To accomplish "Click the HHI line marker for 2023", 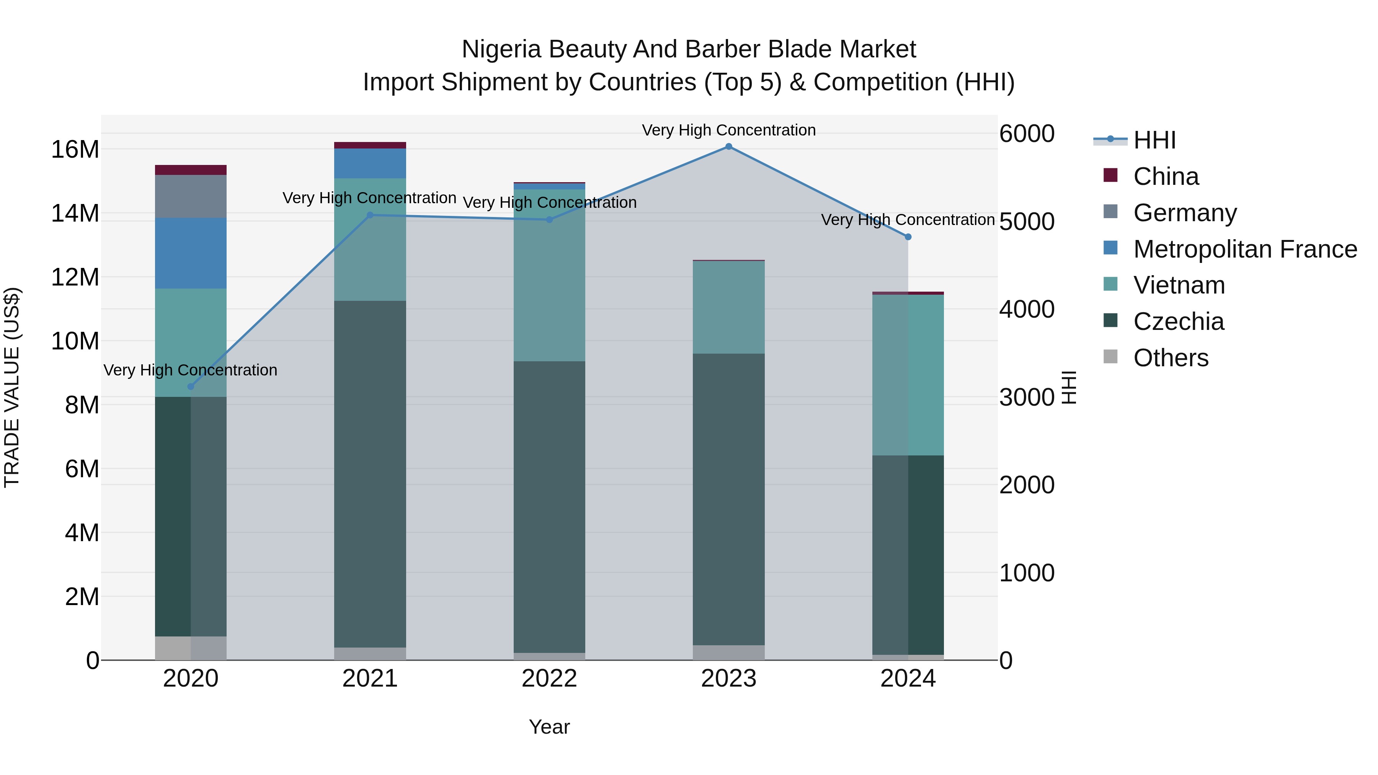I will pyautogui.click(x=728, y=147).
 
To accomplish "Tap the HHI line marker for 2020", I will pyautogui.click(x=191, y=387).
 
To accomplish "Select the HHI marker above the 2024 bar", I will pyautogui.click(x=908, y=237).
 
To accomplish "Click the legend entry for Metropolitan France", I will pyautogui.click(x=1245, y=249).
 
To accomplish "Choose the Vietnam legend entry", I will pyautogui.click(x=1179, y=285).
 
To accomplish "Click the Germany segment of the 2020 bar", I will pyautogui.click(x=191, y=196).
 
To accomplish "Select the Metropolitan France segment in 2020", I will pyautogui.click(x=191, y=253).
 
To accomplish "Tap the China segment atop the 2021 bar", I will pyautogui.click(x=370, y=145).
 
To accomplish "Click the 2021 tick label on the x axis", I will pyautogui.click(x=370, y=679).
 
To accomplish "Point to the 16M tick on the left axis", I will pyautogui.click(x=75, y=150).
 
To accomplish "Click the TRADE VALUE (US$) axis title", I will pyautogui.click(x=12, y=387).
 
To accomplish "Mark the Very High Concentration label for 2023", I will pyautogui.click(x=728, y=131).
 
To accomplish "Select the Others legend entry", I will pyautogui.click(x=1171, y=358).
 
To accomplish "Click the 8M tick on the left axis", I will pyautogui.click(x=82, y=405).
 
